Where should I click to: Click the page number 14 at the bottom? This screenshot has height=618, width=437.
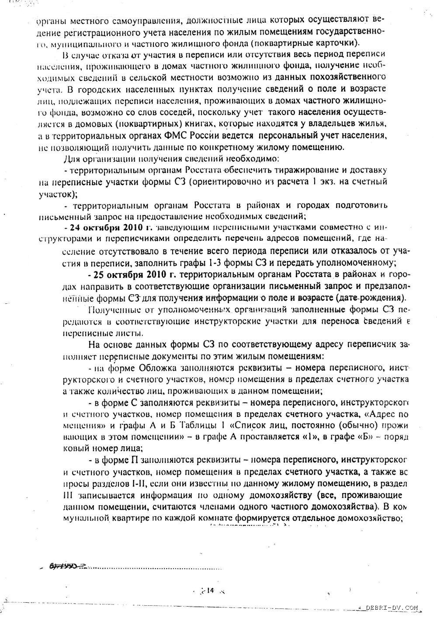point(210,590)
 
